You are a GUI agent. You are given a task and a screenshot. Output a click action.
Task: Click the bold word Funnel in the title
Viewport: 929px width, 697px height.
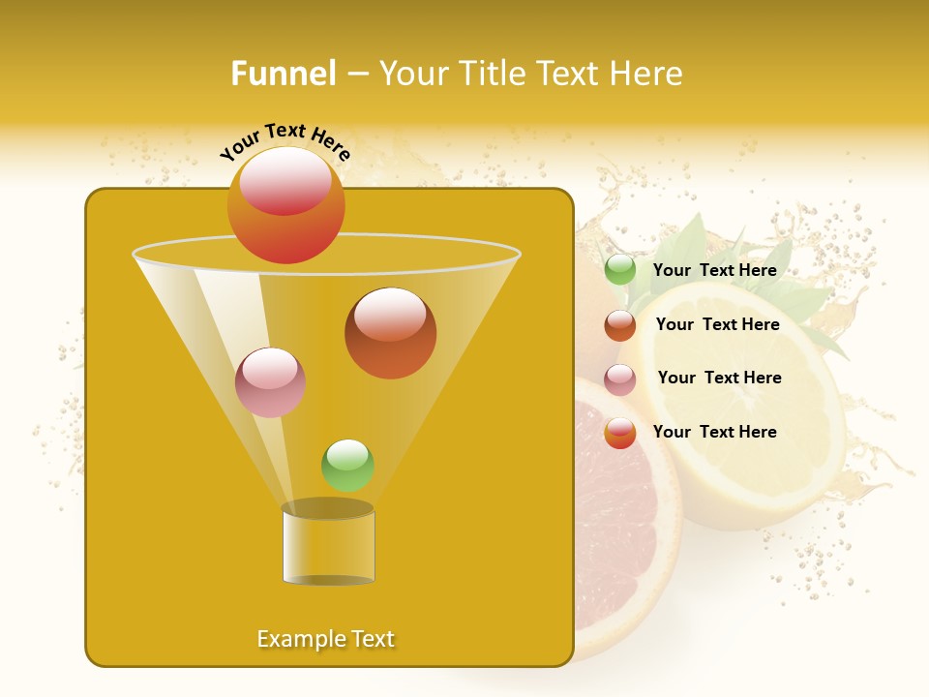click(283, 74)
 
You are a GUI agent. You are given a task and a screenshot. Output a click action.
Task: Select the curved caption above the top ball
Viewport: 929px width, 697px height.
click(285, 140)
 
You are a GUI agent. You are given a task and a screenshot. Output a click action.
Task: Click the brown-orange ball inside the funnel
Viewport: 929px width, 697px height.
click(390, 335)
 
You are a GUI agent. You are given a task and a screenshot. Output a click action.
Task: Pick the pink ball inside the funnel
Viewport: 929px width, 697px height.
click(270, 383)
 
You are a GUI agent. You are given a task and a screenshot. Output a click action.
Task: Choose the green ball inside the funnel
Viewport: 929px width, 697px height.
click(347, 466)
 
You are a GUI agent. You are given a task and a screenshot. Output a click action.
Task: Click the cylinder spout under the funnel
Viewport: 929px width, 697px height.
click(328, 547)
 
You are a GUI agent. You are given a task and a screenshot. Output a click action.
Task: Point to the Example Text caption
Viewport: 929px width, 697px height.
click(325, 639)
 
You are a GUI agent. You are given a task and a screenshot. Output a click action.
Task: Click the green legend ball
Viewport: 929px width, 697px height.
click(620, 270)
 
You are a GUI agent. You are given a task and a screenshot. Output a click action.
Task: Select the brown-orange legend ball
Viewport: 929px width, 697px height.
click(620, 325)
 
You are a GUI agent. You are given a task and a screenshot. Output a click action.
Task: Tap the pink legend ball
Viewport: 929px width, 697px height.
click(620, 379)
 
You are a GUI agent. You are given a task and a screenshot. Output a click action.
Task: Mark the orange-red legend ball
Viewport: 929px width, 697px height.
click(620, 433)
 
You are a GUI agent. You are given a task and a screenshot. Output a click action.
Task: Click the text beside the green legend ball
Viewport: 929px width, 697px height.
click(714, 271)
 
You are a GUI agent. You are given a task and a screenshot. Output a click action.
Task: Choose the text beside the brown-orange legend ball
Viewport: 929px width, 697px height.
click(717, 324)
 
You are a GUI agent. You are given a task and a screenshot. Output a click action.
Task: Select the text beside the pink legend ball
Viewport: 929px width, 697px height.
click(719, 378)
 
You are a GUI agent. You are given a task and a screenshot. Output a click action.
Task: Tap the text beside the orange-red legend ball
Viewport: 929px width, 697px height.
click(714, 432)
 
